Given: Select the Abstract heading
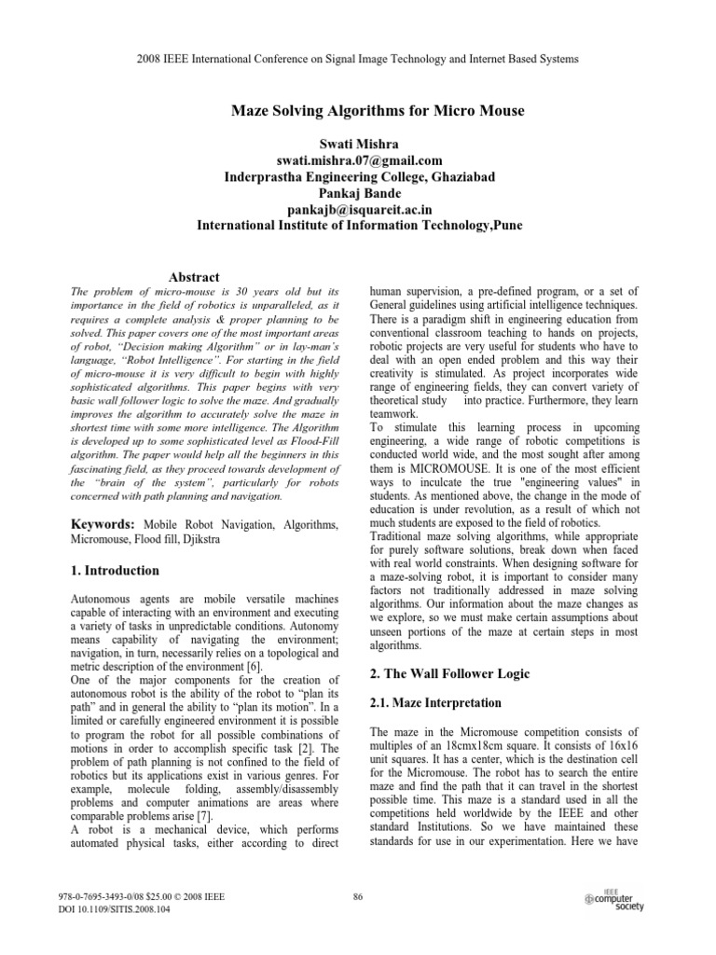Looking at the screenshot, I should click(x=193, y=277).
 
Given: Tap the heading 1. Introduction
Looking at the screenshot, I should click(x=116, y=570).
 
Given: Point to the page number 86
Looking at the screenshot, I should click(x=358, y=897).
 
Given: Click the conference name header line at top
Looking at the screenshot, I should click(x=358, y=59).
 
